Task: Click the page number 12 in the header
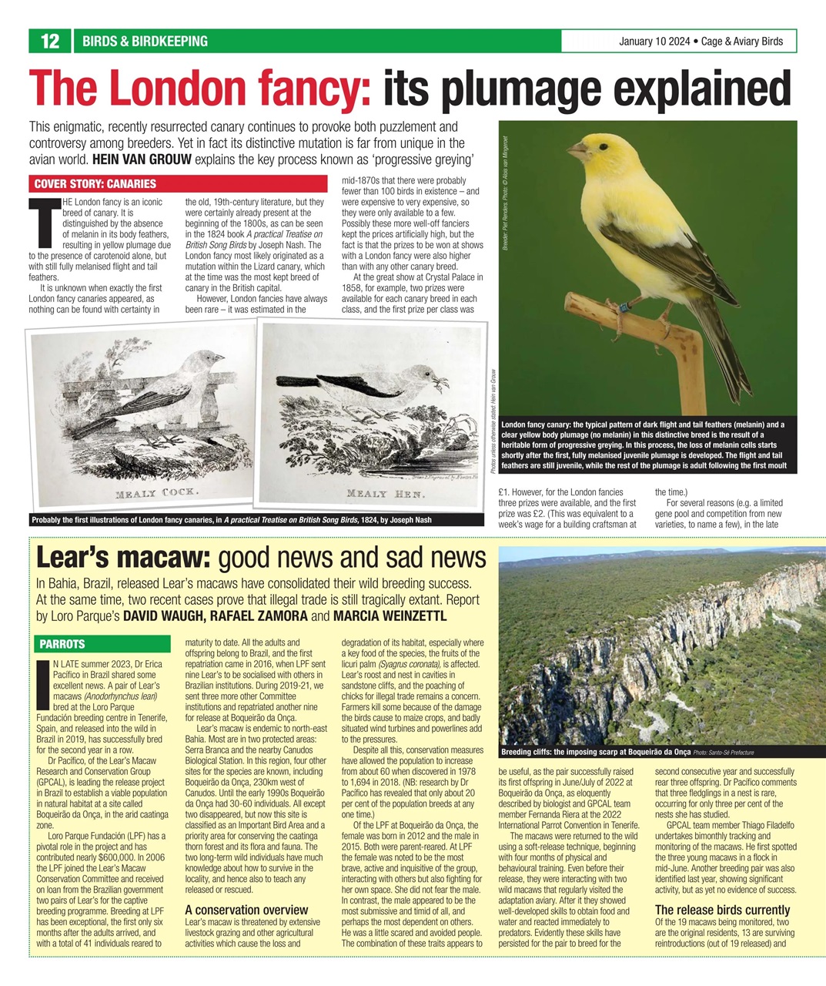click(49, 42)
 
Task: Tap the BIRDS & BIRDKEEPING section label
click(145, 42)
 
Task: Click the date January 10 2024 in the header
click(654, 42)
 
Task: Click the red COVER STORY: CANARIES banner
click(95, 184)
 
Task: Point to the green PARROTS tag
click(62, 644)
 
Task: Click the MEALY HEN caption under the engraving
click(386, 493)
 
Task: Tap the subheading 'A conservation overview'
click(246, 910)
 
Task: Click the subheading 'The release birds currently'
click(722, 910)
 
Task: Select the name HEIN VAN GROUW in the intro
click(142, 160)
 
